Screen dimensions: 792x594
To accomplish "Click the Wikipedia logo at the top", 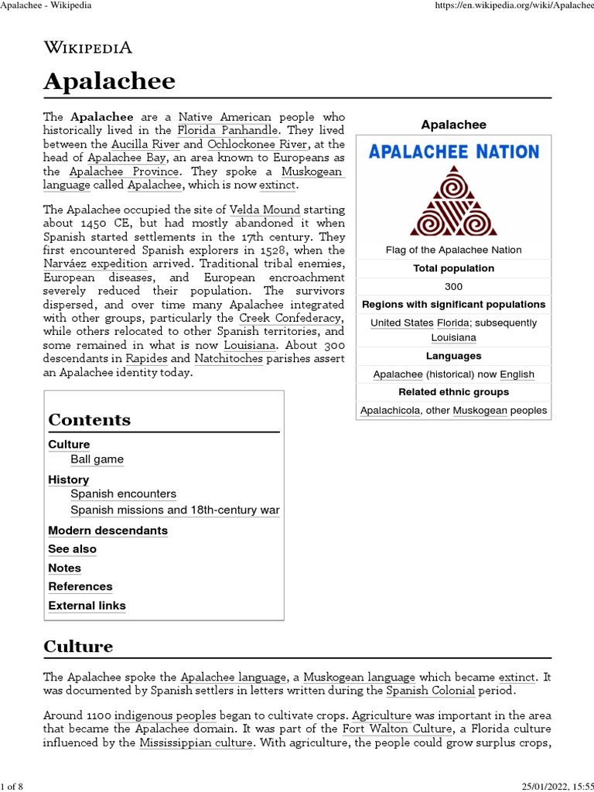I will pyautogui.click(x=88, y=47).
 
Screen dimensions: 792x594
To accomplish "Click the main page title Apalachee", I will pyautogui.click(x=109, y=81).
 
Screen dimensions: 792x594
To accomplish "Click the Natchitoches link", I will pyautogui.click(x=229, y=359).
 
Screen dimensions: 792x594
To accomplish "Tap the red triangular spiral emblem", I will pyautogui.click(x=453, y=201).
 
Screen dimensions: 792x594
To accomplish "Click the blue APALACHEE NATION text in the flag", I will pyautogui.click(x=454, y=152).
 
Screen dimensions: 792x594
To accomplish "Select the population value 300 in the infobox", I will pyautogui.click(x=453, y=286).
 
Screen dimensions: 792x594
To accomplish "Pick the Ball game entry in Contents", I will pyautogui.click(x=97, y=459).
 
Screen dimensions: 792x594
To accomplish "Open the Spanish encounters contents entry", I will pyautogui.click(x=123, y=493).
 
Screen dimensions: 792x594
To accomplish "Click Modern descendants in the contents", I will pyautogui.click(x=108, y=531).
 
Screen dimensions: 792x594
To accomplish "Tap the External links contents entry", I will pyautogui.click(x=87, y=606).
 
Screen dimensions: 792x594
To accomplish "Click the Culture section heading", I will pyautogui.click(x=78, y=647).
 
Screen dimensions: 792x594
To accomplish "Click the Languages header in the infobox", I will pyautogui.click(x=453, y=356).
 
